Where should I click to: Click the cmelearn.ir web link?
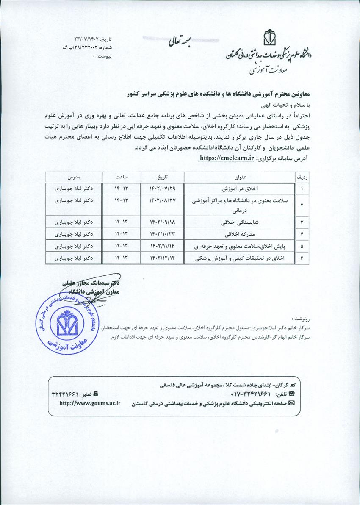tap(227, 158)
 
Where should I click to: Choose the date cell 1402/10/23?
tap(163, 234)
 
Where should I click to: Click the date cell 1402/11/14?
tap(163, 246)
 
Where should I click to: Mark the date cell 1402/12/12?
tap(163, 258)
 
